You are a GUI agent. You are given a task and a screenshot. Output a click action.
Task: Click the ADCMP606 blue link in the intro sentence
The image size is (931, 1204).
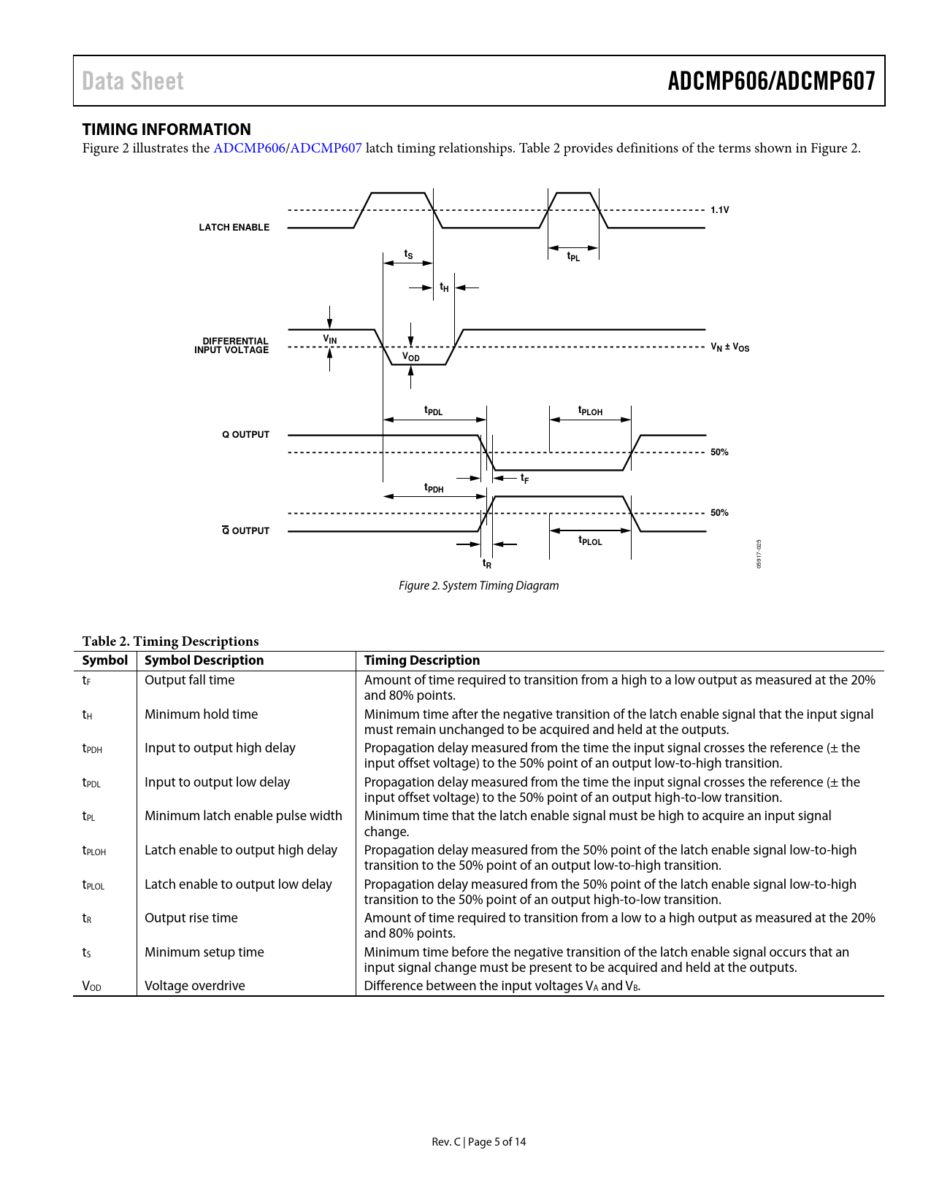click(x=249, y=148)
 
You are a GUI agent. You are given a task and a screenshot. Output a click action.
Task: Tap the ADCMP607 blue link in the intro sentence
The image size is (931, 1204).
click(x=326, y=148)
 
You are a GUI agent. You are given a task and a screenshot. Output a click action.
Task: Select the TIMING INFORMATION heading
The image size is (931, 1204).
click(x=166, y=129)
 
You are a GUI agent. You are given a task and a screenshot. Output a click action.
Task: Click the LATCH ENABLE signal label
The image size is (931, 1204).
click(x=234, y=228)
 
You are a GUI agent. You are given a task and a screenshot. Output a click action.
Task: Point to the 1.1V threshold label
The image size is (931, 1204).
click(x=719, y=210)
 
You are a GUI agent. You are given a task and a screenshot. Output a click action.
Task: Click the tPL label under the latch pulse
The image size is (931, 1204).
click(x=573, y=257)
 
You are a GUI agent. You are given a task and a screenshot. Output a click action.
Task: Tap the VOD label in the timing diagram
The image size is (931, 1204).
click(x=411, y=357)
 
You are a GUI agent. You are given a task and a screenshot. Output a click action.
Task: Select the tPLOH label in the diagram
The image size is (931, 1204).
click(x=590, y=412)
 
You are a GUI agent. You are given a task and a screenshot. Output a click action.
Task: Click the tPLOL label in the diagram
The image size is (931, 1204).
click(x=590, y=541)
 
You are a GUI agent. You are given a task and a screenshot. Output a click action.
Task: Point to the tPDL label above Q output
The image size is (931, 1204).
click(x=434, y=412)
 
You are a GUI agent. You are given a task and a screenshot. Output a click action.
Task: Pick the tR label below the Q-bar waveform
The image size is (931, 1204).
click(x=487, y=564)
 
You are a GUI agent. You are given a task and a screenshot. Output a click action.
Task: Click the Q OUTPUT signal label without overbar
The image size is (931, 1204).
click(x=246, y=435)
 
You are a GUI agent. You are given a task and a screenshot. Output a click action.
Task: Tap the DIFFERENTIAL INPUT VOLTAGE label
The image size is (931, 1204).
click(x=232, y=346)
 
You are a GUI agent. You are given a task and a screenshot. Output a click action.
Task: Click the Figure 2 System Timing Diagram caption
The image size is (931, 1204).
click(x=478, y=585)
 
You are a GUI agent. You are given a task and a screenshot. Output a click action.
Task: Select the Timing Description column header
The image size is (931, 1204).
click(x=422, y=660)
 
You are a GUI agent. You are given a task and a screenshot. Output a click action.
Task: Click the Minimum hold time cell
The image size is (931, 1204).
click(x=201, y=714)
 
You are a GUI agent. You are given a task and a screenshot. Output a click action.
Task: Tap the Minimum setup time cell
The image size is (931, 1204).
click(x=204, y=952)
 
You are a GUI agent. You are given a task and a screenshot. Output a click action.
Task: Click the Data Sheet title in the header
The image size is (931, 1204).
click(x=133, y=81)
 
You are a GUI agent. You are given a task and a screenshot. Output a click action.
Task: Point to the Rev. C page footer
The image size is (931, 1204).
click(x=478, y=1142)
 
